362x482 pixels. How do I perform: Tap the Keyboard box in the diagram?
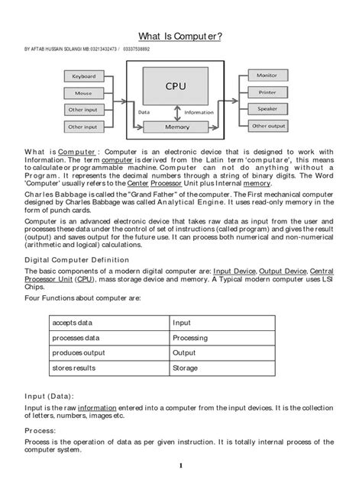tap(83, 77)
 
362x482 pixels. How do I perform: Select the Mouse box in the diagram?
tap(83, 93)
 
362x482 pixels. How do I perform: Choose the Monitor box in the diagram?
tap(267, 76)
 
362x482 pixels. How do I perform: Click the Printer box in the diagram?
tap(267, 92)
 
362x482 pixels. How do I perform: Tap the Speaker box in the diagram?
tap(267, 109)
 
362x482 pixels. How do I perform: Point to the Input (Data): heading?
tap(50, 396)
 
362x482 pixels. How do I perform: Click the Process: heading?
tap(42, 430)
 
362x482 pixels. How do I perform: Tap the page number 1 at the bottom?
tap(180, 466)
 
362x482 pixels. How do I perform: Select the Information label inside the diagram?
tap(199, 112)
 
